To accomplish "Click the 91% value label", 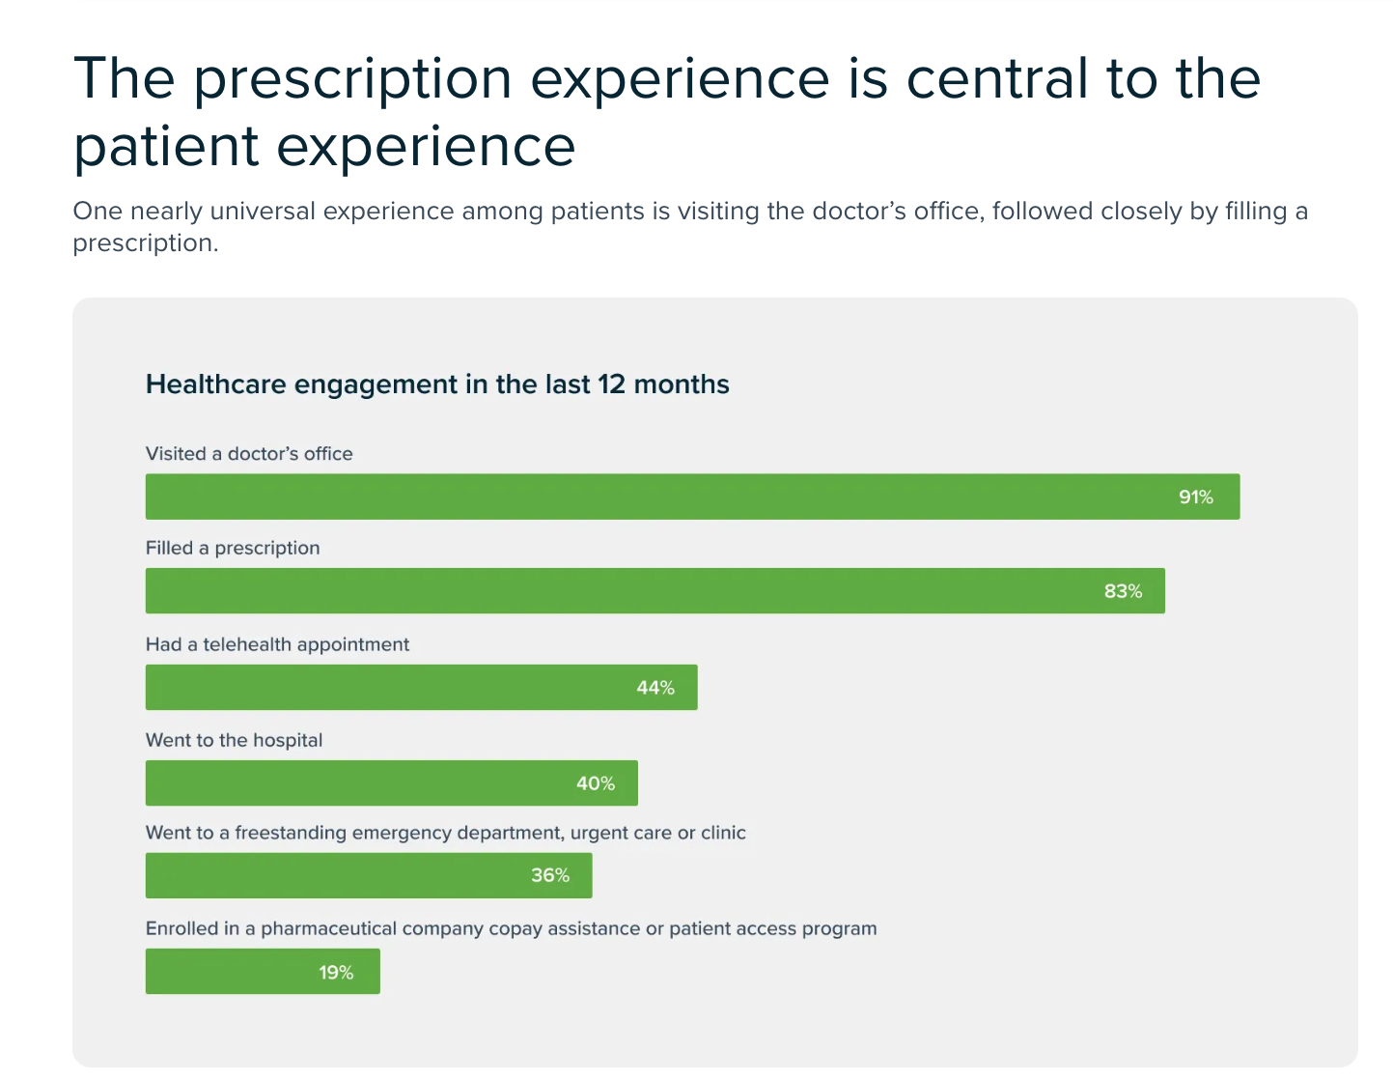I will (1195, 497).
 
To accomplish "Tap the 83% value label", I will (1123, 591).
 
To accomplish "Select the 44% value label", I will (655, 688).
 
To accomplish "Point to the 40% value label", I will (595, 783).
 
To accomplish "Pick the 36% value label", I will (549, 876).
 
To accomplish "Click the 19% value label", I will (336, 973).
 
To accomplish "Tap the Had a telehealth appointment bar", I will (386, 688).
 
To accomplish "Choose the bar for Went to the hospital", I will (357, 783).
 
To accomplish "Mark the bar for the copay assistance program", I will (232, 972).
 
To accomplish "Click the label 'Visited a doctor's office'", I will (249, 454).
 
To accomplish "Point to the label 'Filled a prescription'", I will (233, 548).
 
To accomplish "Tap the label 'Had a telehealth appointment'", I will (277, 644).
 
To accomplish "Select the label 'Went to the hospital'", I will (234, 740).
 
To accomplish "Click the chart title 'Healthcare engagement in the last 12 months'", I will (437, 384).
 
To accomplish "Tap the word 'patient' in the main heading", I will (166, 147).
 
